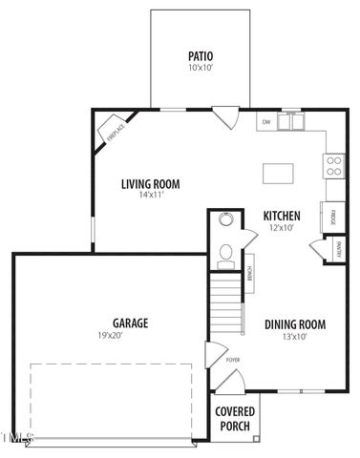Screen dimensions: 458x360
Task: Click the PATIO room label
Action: pyautogui.click(x=201, y=56)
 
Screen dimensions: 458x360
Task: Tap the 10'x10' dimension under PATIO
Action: pyautogui.click(x=201, y=69)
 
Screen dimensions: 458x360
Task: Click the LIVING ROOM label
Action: pyautogui.click(x=150, y=184)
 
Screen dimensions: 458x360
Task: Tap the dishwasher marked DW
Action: pyautogui.click(x=266, y=121)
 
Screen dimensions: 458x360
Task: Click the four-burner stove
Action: pyautogui.click(x=335, y=167)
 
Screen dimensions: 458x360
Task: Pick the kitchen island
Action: pyautogui.click(x=279, y=173)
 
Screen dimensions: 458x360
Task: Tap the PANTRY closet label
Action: pyautogui.click(x=338, y=249)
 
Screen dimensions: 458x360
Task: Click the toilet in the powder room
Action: pyautogui.click(x=225, y=253)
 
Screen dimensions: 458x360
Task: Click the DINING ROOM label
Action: pyautogui.click(x=294, y=324)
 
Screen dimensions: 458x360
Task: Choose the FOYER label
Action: pyautogui.click(x=233, y=361)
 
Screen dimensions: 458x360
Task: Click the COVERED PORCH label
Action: pyautogui.click(x=235, y=418)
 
